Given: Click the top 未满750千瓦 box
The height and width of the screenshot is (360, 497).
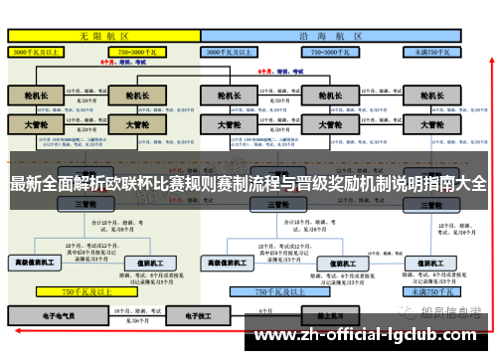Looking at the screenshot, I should click(x=435, y=50).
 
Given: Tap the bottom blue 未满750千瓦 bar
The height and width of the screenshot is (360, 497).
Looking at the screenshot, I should click(x=431, y=292).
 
